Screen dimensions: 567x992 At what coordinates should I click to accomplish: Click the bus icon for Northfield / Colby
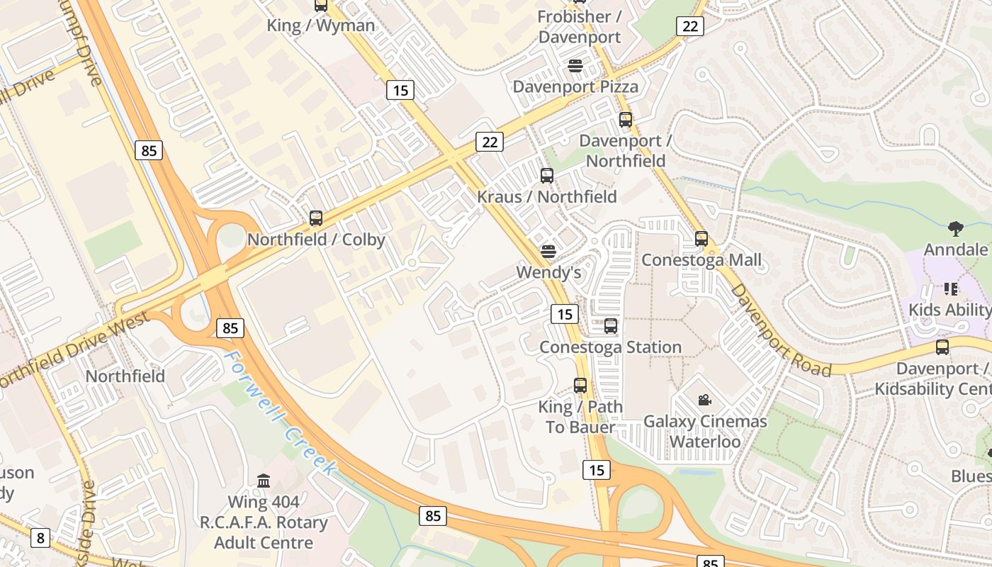click(316, 218)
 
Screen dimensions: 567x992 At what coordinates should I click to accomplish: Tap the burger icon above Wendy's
click(548, 252)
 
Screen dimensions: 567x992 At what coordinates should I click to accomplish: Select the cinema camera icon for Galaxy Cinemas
click(704, 400)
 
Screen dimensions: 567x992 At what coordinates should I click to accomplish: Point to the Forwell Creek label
click(280, 411)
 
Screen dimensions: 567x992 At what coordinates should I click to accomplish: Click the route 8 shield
click(40, 538)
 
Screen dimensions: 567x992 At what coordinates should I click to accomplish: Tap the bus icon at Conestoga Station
click(610, 327)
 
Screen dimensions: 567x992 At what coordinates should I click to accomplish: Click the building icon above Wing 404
click(264, 481)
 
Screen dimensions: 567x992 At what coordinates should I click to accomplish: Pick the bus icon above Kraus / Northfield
click(546, 176)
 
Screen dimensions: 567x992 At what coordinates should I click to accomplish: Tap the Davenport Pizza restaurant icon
click(575, 66)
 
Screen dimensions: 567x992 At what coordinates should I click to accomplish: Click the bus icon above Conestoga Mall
click(701, 239)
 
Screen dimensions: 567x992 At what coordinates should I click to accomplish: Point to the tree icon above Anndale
click(955, 229)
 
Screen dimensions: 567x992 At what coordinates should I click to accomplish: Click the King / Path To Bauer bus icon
click(580, 386)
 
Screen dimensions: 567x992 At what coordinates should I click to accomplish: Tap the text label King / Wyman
click(321, 26)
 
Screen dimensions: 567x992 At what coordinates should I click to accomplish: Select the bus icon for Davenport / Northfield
click(625, 120)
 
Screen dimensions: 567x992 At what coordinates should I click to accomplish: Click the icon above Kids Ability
click(950, 289)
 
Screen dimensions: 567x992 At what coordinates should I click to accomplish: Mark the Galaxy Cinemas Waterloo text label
click(705, 432)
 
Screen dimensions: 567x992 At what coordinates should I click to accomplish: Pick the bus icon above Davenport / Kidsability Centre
click(942, 347)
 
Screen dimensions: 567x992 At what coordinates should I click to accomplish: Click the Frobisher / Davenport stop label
click(579, 27)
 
